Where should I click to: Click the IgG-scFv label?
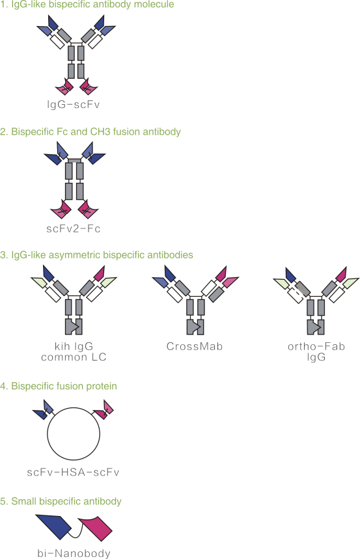coord(73,105)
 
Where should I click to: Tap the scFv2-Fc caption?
coord(73,228)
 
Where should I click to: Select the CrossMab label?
coord(195,346)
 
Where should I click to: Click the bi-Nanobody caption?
coord(74,553)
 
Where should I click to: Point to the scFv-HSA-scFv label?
coord(73,472)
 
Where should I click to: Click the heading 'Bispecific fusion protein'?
coord(59,386)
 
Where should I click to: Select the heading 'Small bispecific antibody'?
coord(61,501)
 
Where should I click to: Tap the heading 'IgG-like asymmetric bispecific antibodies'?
coord(97,255)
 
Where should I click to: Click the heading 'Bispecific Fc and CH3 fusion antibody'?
coord(90,131)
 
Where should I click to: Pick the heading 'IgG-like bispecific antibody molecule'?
coord(87,5)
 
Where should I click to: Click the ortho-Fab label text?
coord(316,346)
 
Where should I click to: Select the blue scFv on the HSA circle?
coord(44,409)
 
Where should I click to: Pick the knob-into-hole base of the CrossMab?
coord(195,327)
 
